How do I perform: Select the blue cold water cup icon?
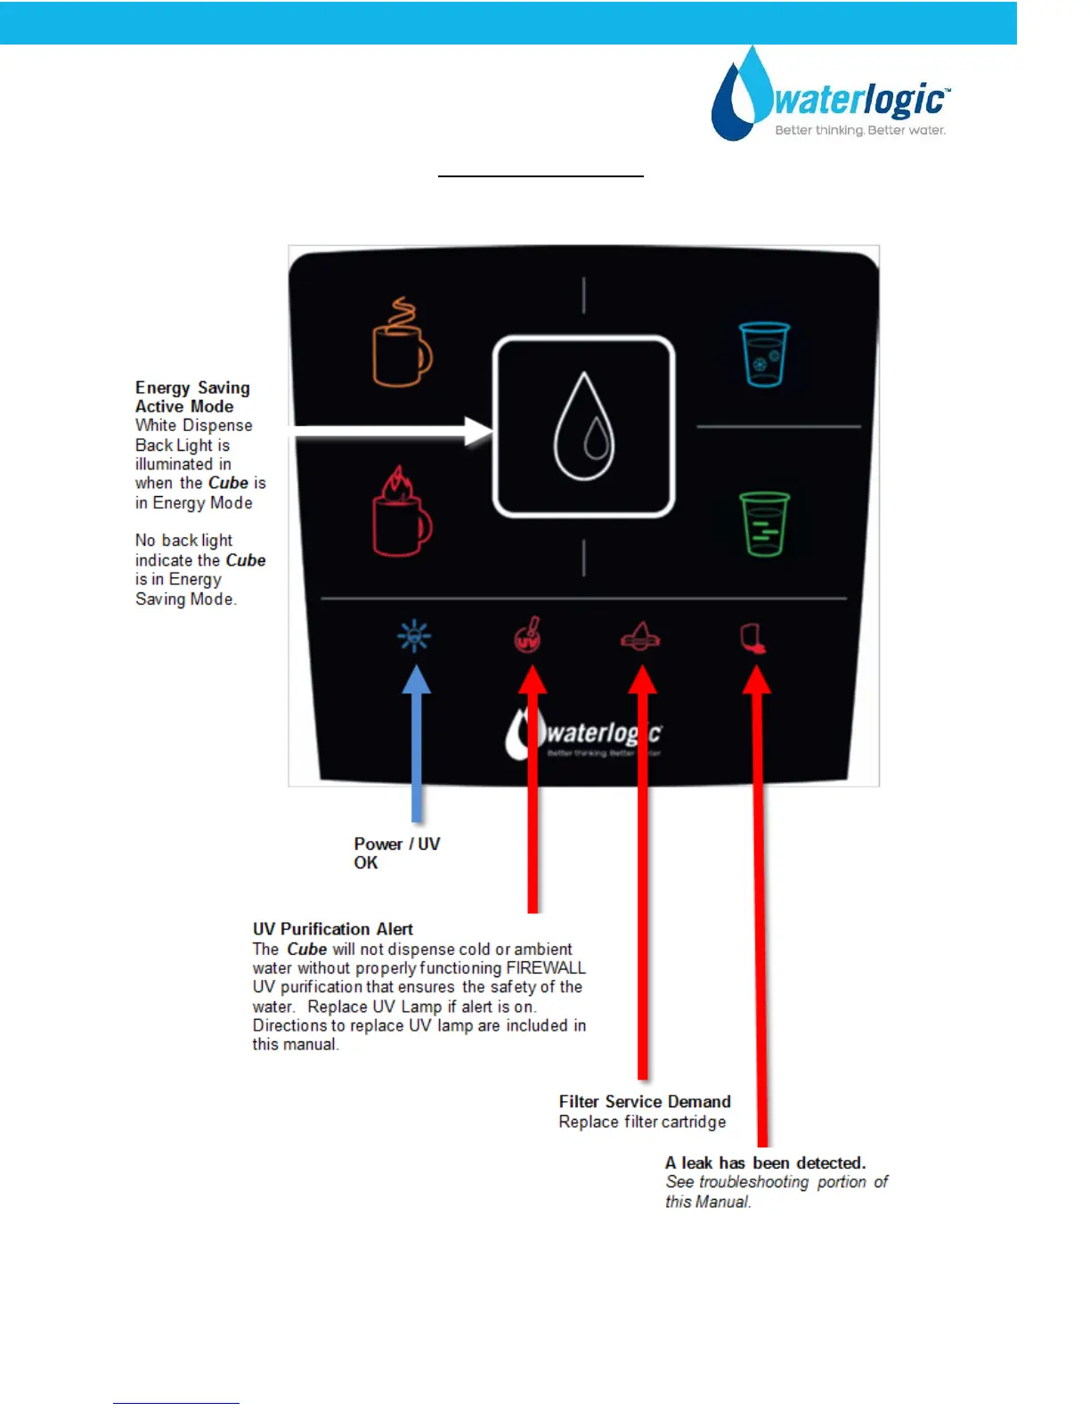pos(764,355)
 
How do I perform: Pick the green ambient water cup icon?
pos(764,525)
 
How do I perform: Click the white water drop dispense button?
pos(584,426)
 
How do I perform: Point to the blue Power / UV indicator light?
pos(414,636)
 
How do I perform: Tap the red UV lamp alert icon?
pos(528,635)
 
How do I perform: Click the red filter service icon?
pos(640,636)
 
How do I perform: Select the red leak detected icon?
pos(753,638)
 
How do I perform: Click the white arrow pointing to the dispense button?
pos(392,433)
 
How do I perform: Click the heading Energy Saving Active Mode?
pos(191,397)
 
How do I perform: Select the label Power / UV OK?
pos(396,853)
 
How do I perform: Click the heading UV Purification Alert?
pos(333,929)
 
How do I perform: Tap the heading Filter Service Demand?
pos(645,1102)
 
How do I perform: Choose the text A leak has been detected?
pos(765,1163)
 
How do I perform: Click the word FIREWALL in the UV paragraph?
pos(546,968)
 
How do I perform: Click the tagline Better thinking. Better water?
pos(860,131)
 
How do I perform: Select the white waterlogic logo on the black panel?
pos(584,736)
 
